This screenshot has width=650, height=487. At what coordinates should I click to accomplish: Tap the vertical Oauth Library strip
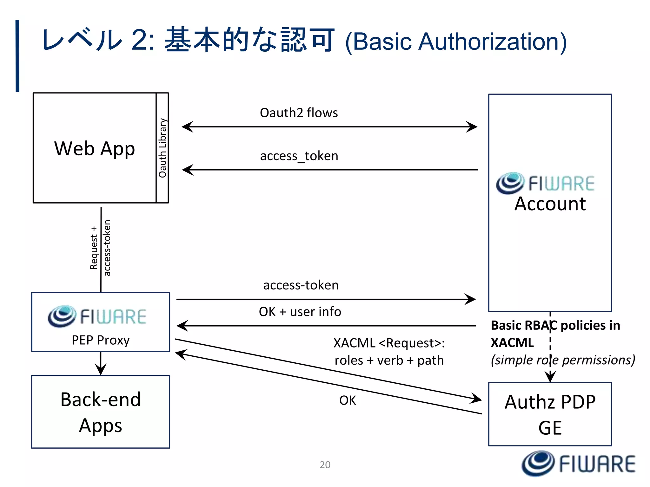[162, 148]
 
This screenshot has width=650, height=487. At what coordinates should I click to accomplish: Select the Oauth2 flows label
[299, 113]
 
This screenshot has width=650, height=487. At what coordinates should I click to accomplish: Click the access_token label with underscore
[299, 156]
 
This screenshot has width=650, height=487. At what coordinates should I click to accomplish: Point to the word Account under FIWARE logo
[550, 204]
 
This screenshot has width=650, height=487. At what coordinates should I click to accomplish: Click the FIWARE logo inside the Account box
[545, 183]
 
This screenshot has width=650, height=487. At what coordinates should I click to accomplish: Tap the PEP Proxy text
[101, 340]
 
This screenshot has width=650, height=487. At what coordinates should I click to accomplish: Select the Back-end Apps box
[101, 412]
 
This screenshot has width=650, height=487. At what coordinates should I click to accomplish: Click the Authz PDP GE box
[550, 414]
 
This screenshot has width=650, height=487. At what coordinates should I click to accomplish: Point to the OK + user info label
[300, 312]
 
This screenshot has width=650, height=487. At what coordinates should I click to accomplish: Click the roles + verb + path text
[389, 360]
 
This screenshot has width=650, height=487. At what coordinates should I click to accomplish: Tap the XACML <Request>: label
[389, 343]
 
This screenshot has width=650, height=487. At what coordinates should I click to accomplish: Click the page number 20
[325, 464]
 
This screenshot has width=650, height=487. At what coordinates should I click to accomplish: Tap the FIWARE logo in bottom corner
[578, 464]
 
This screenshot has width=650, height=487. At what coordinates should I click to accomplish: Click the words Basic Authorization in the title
[456, 42]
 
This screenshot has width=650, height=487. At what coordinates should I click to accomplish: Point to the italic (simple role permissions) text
[562, 360]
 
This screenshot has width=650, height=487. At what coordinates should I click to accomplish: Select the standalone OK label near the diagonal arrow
[348, 400]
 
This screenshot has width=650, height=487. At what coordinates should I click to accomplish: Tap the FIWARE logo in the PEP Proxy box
[97, 316]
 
